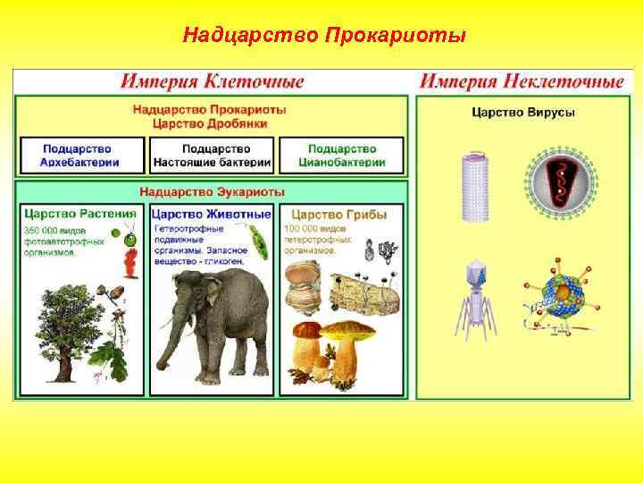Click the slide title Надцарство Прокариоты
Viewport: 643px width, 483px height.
tap(323, 36)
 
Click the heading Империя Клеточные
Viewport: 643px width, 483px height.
tap(212, 82)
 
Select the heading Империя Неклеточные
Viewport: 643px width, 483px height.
tap(522, 82)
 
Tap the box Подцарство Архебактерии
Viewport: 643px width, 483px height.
tap(79, 155)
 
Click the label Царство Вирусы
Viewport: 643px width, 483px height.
tap(522, 113)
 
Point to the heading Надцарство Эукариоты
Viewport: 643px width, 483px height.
tap(212, 191)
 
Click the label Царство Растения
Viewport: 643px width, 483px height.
tap(79, 215)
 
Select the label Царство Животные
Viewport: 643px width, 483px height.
tap(211, 215)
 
